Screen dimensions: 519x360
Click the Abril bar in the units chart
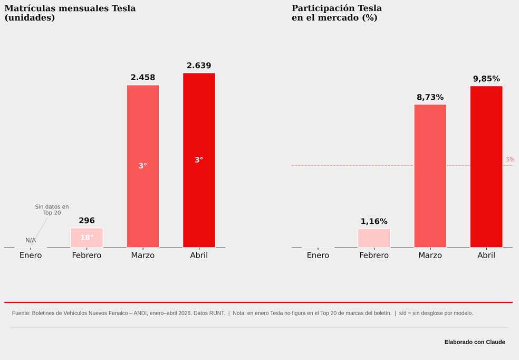tap(199, 160)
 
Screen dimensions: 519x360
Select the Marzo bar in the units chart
tap(142, 166)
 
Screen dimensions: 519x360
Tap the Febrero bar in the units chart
tap(86, 238)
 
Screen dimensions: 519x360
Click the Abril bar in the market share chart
tap(486, 167)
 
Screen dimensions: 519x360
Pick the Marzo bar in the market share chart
tap(430, 176)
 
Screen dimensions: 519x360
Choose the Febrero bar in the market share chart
tap(374, 238)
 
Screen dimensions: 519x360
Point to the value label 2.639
tap(199, 65)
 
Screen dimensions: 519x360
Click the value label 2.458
tap(142, 78)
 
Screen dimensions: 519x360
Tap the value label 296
tap(86, 221)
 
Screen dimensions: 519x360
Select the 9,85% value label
tap(486, 79)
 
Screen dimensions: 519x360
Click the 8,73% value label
tap(430, 97)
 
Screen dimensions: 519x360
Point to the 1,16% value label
tap(374, 221)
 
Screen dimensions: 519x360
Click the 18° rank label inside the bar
tap(86, 238)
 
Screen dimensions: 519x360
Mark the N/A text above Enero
tap(31, 240)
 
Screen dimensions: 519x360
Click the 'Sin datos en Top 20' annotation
tap(52, 210)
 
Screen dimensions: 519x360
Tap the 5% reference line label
tap(510, 159)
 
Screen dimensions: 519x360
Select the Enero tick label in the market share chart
tap(318, 255)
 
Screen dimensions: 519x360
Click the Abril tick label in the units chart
tap(199, 255)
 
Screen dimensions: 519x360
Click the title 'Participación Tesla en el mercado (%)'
tap(337, 13)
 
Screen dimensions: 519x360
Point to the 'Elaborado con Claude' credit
tap(475, 342)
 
